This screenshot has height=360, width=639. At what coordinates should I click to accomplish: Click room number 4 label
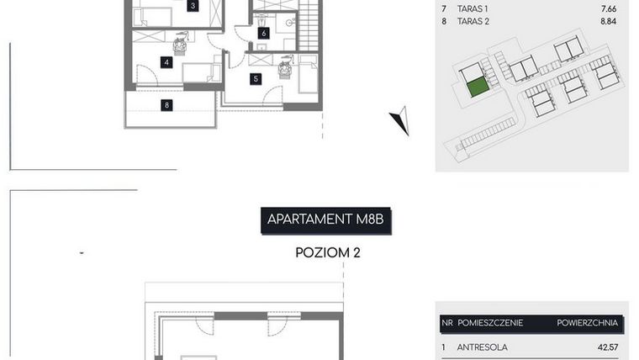pos(167,62)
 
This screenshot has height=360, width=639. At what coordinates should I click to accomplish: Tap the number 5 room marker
pos(256,78)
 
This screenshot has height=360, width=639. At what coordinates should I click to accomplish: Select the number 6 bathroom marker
pos(263,34)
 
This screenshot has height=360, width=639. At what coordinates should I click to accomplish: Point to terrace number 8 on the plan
pos(167,105)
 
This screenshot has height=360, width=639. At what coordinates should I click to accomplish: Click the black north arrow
pos(400,121)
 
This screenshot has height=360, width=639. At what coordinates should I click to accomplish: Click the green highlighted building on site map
pos(478,85)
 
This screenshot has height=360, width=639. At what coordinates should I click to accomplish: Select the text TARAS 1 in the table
pos(471,8)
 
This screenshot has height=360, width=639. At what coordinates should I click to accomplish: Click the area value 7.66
pos(609,8)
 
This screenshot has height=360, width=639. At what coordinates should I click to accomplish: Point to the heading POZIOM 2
pos(328,251)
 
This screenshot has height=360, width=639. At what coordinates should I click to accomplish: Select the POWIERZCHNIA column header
pos(587,322)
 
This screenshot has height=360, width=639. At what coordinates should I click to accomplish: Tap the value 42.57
pos(607,347)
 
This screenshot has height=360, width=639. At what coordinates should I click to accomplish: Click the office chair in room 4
pos(179,45)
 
